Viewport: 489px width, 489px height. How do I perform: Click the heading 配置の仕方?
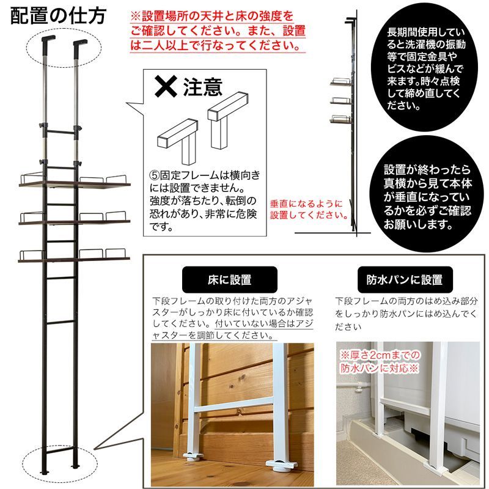58,13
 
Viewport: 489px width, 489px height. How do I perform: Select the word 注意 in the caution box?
202,88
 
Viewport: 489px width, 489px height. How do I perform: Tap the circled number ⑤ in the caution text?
154,175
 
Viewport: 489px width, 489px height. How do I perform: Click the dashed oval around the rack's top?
64,46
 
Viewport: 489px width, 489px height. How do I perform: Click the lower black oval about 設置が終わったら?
427,196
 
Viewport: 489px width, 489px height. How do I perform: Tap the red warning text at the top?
217,30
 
